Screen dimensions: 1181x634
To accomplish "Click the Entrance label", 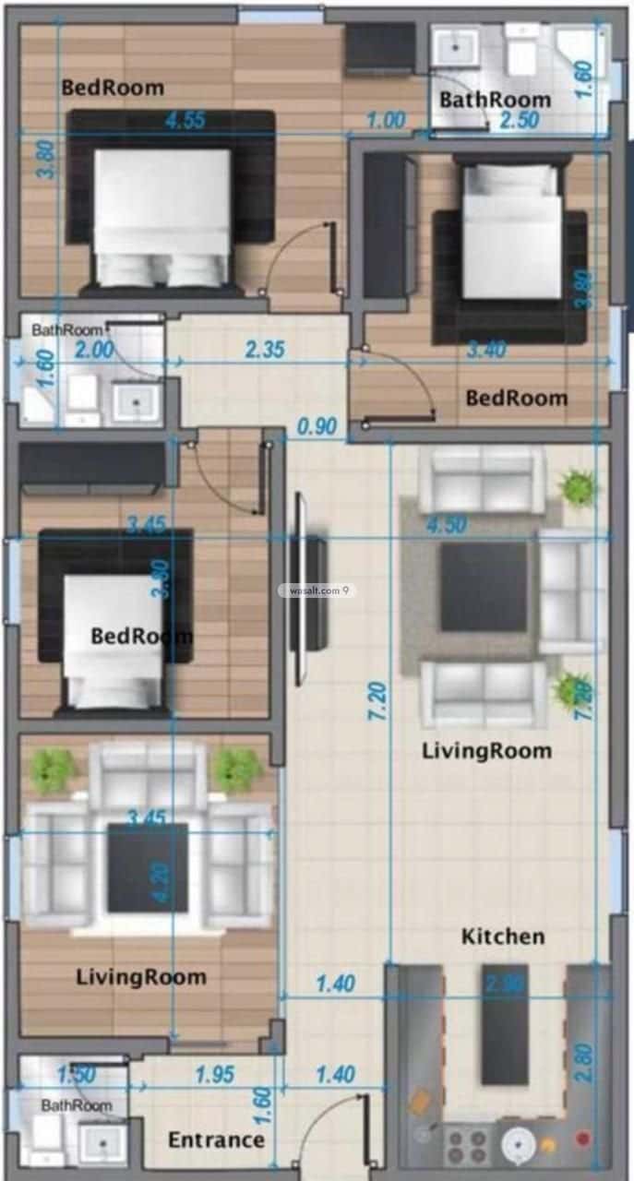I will point(216,1140).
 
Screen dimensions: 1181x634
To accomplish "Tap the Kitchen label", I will point(503,936).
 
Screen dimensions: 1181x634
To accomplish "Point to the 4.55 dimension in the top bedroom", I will point(185,119).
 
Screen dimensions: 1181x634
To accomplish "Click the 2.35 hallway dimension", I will point(265,350).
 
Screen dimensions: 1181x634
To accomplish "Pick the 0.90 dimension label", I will point(317,427).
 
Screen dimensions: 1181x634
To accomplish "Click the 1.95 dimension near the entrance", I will point(215,1074).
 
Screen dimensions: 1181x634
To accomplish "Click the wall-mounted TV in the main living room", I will point(305,590).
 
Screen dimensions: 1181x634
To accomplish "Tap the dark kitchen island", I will point(505,1024).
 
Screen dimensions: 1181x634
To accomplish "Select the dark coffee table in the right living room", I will point(484,587).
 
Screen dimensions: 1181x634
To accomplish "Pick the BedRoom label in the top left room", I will point(113,89).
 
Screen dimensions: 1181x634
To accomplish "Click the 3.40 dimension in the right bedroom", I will point(487,350).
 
